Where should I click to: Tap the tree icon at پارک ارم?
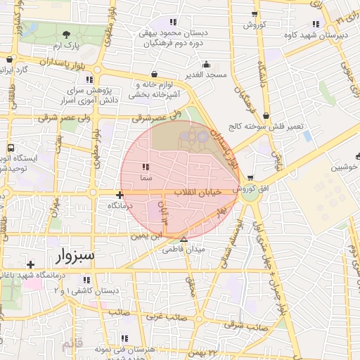coord(66,34)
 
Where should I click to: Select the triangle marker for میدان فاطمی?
coord(184,239)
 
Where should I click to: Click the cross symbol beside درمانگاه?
coord(120,195)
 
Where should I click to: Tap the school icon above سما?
coord(146,167)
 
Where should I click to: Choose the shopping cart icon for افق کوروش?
coord(250,178)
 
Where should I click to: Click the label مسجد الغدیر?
coord(206,74)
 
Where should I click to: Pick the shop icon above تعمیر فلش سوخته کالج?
coord(265,116)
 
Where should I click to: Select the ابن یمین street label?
coord(149,236)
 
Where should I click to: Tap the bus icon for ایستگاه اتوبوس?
coord(11,148)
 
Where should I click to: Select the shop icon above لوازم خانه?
coord(154,74)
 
